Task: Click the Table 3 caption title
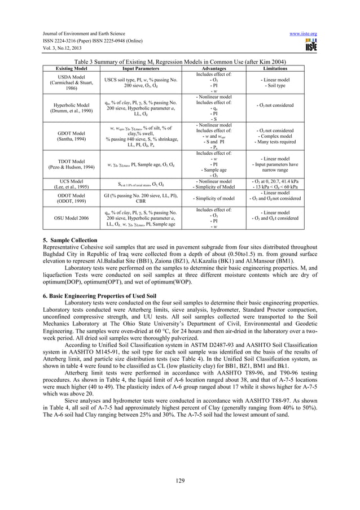point(180,62)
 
